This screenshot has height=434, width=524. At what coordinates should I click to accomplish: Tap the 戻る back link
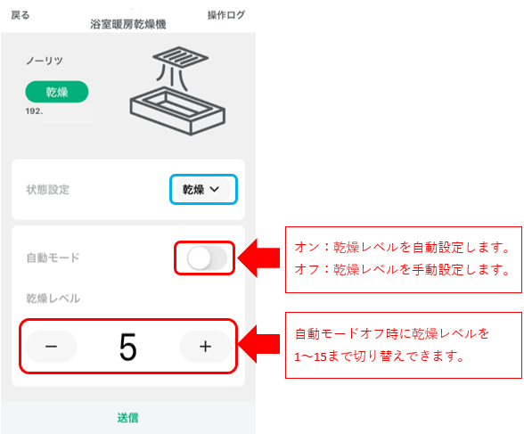(x=20, y=15)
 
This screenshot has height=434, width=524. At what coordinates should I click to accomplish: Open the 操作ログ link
(x=226, y=15)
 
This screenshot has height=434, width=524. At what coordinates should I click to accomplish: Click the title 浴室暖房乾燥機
(x=128, y=24)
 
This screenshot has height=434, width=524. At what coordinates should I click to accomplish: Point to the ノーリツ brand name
(x=45, y=61)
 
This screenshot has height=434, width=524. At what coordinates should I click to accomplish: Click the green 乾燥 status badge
(x=57, y=92)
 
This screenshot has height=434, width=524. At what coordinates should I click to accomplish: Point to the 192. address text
(x=34, y=111)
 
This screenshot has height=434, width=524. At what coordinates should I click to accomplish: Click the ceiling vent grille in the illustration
(x=180, y=56)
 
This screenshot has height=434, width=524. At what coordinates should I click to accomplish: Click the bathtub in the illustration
(x=177, y=111)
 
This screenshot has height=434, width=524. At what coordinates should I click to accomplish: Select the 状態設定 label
(x=48, y=190)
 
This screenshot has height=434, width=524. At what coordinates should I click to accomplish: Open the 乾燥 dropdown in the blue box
(x=203, y=189)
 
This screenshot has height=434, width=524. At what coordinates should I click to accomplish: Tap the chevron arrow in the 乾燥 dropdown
(x=214, y=189)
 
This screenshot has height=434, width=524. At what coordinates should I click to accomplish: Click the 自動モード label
(x=53, y=258)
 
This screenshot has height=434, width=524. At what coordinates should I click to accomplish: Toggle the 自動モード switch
(x=207, y=258)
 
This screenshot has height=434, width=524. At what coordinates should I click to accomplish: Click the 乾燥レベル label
(x=53, y=299)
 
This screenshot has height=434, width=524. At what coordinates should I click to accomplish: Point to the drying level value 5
(x=128, y=347)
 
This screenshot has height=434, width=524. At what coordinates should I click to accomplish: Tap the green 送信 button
(x=128, y=418)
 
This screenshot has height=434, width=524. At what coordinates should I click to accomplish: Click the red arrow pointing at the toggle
(x=258, y=258)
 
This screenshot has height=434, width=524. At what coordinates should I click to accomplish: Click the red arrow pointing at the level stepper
(x=258, y=344)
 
